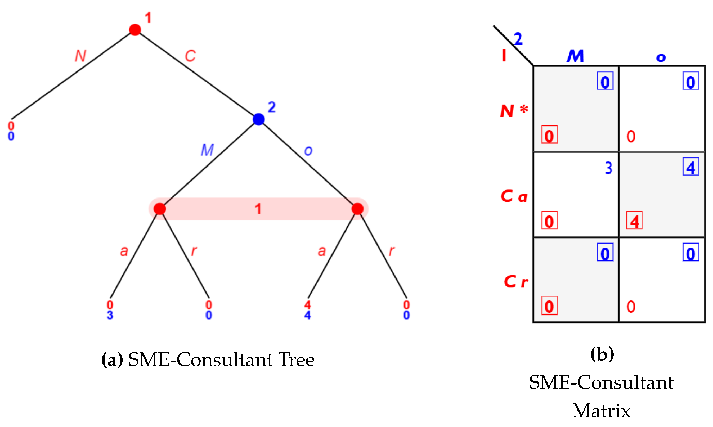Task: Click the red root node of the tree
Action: (x=135, y=30)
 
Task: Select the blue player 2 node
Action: (x=258, y=119)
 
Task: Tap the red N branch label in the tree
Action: (x=80, y=56)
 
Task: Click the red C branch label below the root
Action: (x=190, y=56)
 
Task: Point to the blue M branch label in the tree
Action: (x=207, y=150)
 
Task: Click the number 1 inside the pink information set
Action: (x=258, y=209)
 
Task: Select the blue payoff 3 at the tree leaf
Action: (x=110, y=315)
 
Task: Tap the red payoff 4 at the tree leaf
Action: (x=308, y=305)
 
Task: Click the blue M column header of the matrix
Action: (x=576, y=56)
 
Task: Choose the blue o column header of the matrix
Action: (x=661, y=57)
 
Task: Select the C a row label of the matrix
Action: (x=514, y=196)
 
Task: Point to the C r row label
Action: (x=516, y=282)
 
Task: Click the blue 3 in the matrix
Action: (x=608, y=168)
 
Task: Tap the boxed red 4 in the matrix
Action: (x=634, y=221)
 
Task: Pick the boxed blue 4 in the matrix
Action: (x=691, y=167)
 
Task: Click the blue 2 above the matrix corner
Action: (x=518, y=39)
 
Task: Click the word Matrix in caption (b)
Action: (x=601, y=411)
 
